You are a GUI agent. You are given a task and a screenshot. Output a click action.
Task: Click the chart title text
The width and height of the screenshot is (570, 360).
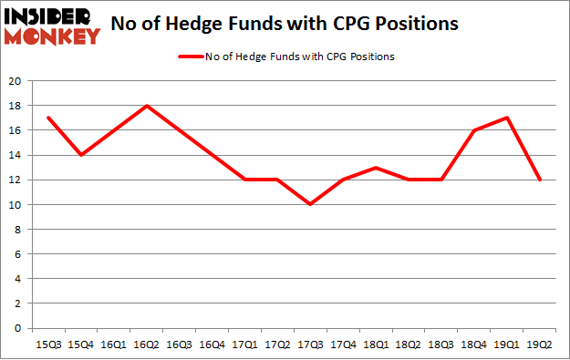click(x=284, y=26)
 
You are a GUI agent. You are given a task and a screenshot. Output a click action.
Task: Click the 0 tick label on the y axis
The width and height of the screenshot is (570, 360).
click(x=19, y=328)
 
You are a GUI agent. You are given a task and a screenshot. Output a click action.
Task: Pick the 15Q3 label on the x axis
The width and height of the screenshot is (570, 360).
click(x=47, y=345)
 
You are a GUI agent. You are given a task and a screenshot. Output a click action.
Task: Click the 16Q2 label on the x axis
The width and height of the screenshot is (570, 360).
click(x=146, y=345)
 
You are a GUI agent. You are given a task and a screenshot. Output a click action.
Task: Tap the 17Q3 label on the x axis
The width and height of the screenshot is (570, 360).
click(x=310, y=345)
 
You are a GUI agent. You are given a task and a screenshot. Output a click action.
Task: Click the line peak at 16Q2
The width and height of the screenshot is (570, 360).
click(x=146, y=106)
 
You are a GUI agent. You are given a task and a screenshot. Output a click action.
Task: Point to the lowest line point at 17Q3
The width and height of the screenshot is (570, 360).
click(x=310, y=204)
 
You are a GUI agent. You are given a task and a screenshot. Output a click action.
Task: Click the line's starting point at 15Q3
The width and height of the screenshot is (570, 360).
click(x=47, y=118)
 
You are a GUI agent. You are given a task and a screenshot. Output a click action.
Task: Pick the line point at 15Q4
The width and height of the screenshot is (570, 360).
click(x=80, y=155)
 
